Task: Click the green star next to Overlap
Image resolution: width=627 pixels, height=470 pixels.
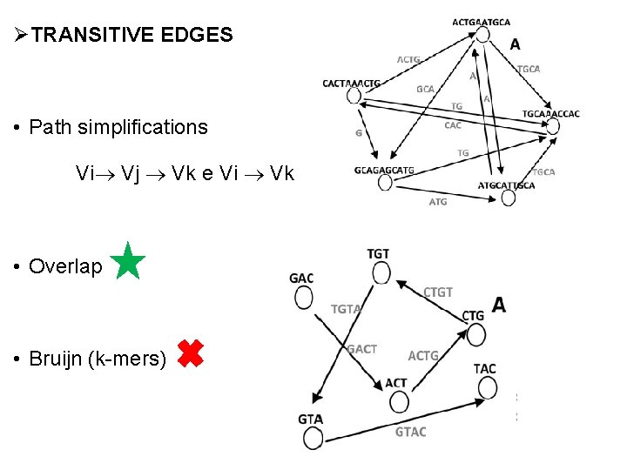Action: tap(128, 261)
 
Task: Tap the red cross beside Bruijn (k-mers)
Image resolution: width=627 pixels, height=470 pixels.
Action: tap(190, 352)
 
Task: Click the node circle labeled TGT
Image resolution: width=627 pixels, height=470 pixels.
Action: tap(381, 273)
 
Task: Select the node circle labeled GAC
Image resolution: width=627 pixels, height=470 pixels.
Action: tap(303, 298)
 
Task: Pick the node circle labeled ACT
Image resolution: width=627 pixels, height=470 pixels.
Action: tap(399, 401)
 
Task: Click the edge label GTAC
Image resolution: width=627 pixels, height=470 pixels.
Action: tap(411, 432)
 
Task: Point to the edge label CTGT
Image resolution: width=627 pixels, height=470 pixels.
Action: tap(438, 292)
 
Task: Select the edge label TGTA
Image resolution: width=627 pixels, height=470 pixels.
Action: tap(346, 309)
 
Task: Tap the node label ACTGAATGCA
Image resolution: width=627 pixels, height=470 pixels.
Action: tap(482, 22)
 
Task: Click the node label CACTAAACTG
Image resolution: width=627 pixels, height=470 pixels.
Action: tap(351, 84)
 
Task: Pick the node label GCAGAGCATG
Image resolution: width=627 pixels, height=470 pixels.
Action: tap(384, 170)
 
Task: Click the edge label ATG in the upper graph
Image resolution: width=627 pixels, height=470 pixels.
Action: tap(438, 202)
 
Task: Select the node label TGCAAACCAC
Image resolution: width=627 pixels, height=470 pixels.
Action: tap(550, 114)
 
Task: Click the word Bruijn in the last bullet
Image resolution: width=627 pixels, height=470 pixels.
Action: tap(57, 358)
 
